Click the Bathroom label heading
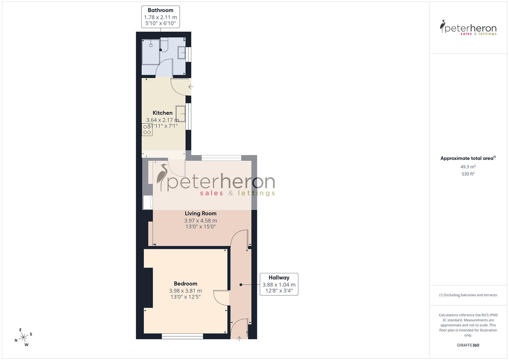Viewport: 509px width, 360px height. click(160, 10)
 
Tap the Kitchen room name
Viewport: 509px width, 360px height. click(162, 113)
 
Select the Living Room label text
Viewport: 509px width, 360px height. click(201, 213)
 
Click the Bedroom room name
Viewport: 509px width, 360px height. click(185, 284)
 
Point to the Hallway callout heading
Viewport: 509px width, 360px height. click(279, 278)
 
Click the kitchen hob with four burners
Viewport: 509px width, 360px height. click(147, 129)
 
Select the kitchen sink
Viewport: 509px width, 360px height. click(181, 114)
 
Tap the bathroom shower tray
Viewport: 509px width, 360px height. click(151, 52)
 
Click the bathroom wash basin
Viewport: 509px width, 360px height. click(182, 52)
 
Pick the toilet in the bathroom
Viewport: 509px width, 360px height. click(164, 45)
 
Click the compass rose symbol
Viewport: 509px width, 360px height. click(23, 337)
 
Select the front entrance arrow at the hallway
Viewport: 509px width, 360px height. click(239, 339)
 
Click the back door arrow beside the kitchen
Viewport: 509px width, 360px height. click(191, 87)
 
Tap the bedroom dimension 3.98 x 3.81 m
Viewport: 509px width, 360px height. click(185, 291)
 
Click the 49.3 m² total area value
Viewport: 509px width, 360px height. click(468, 167)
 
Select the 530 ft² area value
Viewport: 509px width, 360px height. click(468, 174)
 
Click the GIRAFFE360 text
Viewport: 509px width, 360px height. click(468, 345)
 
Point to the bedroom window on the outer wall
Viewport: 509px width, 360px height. click(182, 337)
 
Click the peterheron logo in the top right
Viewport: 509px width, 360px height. click(468, 28)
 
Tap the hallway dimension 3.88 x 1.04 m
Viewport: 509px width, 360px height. click(279, 285)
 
